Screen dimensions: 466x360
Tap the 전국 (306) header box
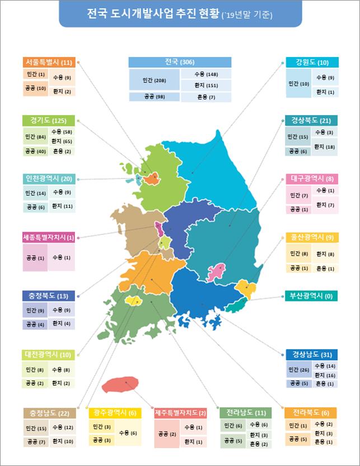179,62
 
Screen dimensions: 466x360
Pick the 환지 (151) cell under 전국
205,86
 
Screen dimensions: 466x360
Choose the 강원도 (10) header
311,62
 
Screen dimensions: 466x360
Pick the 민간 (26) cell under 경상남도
297,369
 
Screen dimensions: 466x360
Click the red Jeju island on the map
120,384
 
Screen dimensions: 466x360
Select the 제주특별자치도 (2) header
180,413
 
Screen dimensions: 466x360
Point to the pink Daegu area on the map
216,272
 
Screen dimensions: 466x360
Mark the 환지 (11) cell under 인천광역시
61,206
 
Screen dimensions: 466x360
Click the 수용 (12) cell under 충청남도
62,427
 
